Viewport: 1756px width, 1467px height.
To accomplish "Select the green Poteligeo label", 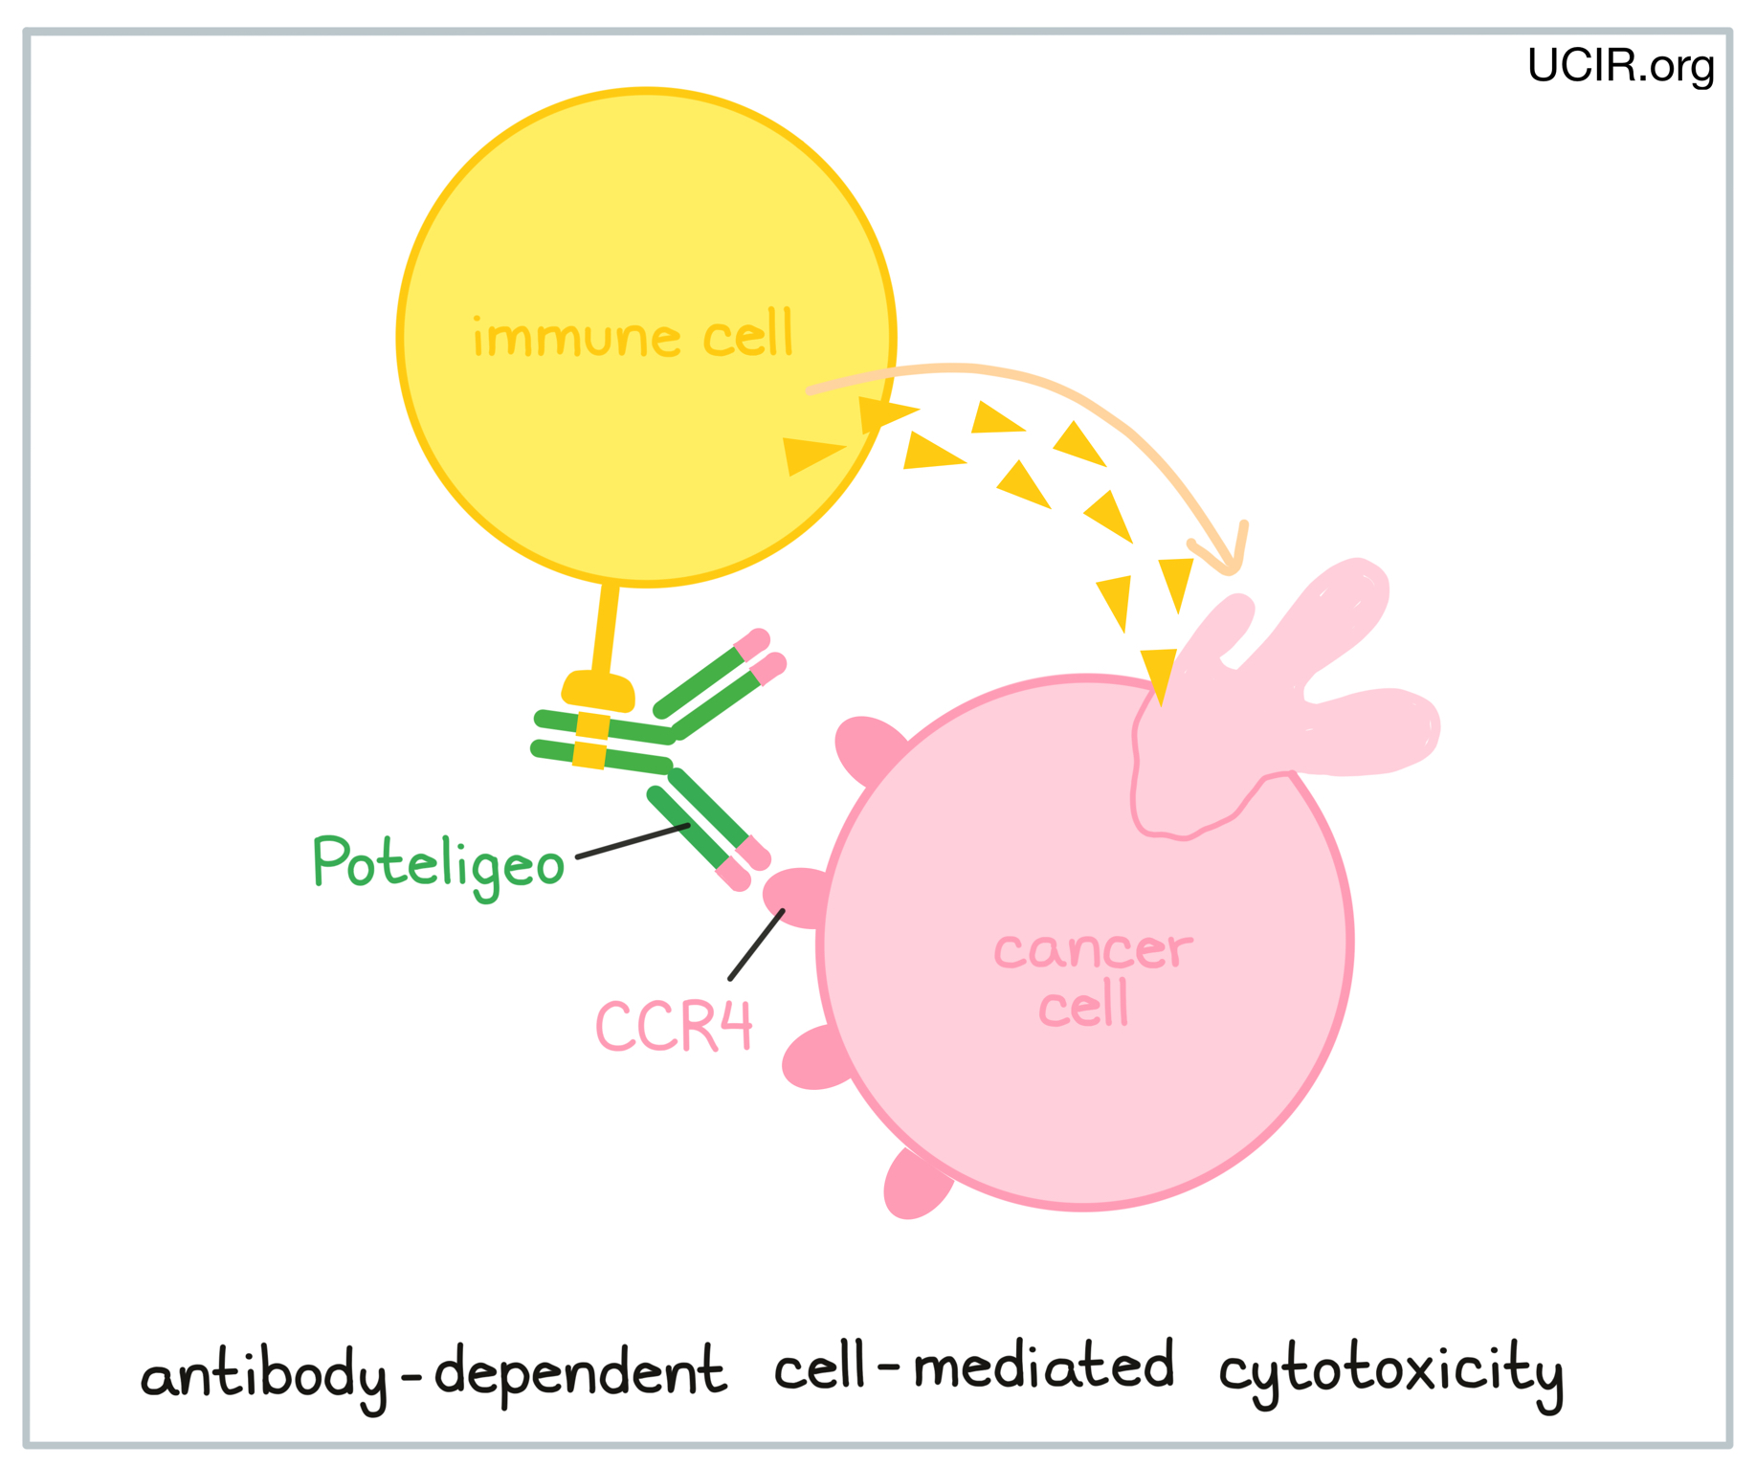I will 438,864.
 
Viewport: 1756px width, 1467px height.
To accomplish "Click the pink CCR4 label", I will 674,1027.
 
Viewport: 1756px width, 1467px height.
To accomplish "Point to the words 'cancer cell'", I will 1092,978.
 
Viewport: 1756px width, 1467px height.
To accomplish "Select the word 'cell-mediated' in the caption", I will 973,1367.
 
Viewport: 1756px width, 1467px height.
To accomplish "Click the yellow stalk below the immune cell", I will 605,627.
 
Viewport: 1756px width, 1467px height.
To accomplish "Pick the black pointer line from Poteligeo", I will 633,840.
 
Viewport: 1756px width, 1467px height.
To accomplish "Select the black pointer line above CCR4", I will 756,945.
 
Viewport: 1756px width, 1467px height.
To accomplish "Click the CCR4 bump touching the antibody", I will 794,897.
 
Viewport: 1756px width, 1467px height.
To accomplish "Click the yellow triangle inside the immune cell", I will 810,454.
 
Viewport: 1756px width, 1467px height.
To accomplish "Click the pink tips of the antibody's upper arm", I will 762,656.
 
